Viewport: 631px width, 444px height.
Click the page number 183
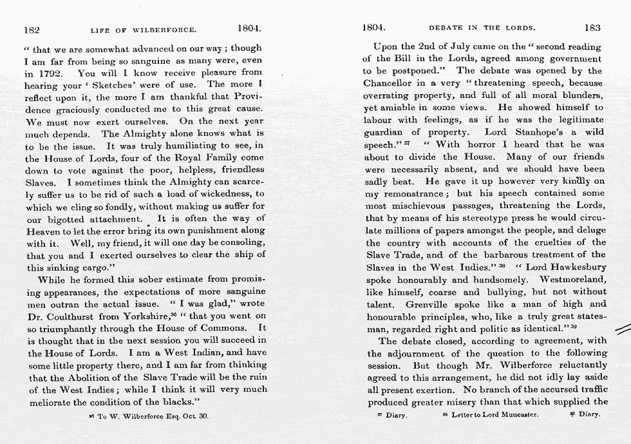click(x=592, y=28)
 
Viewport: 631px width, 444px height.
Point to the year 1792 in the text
click(x=48, y=72)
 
